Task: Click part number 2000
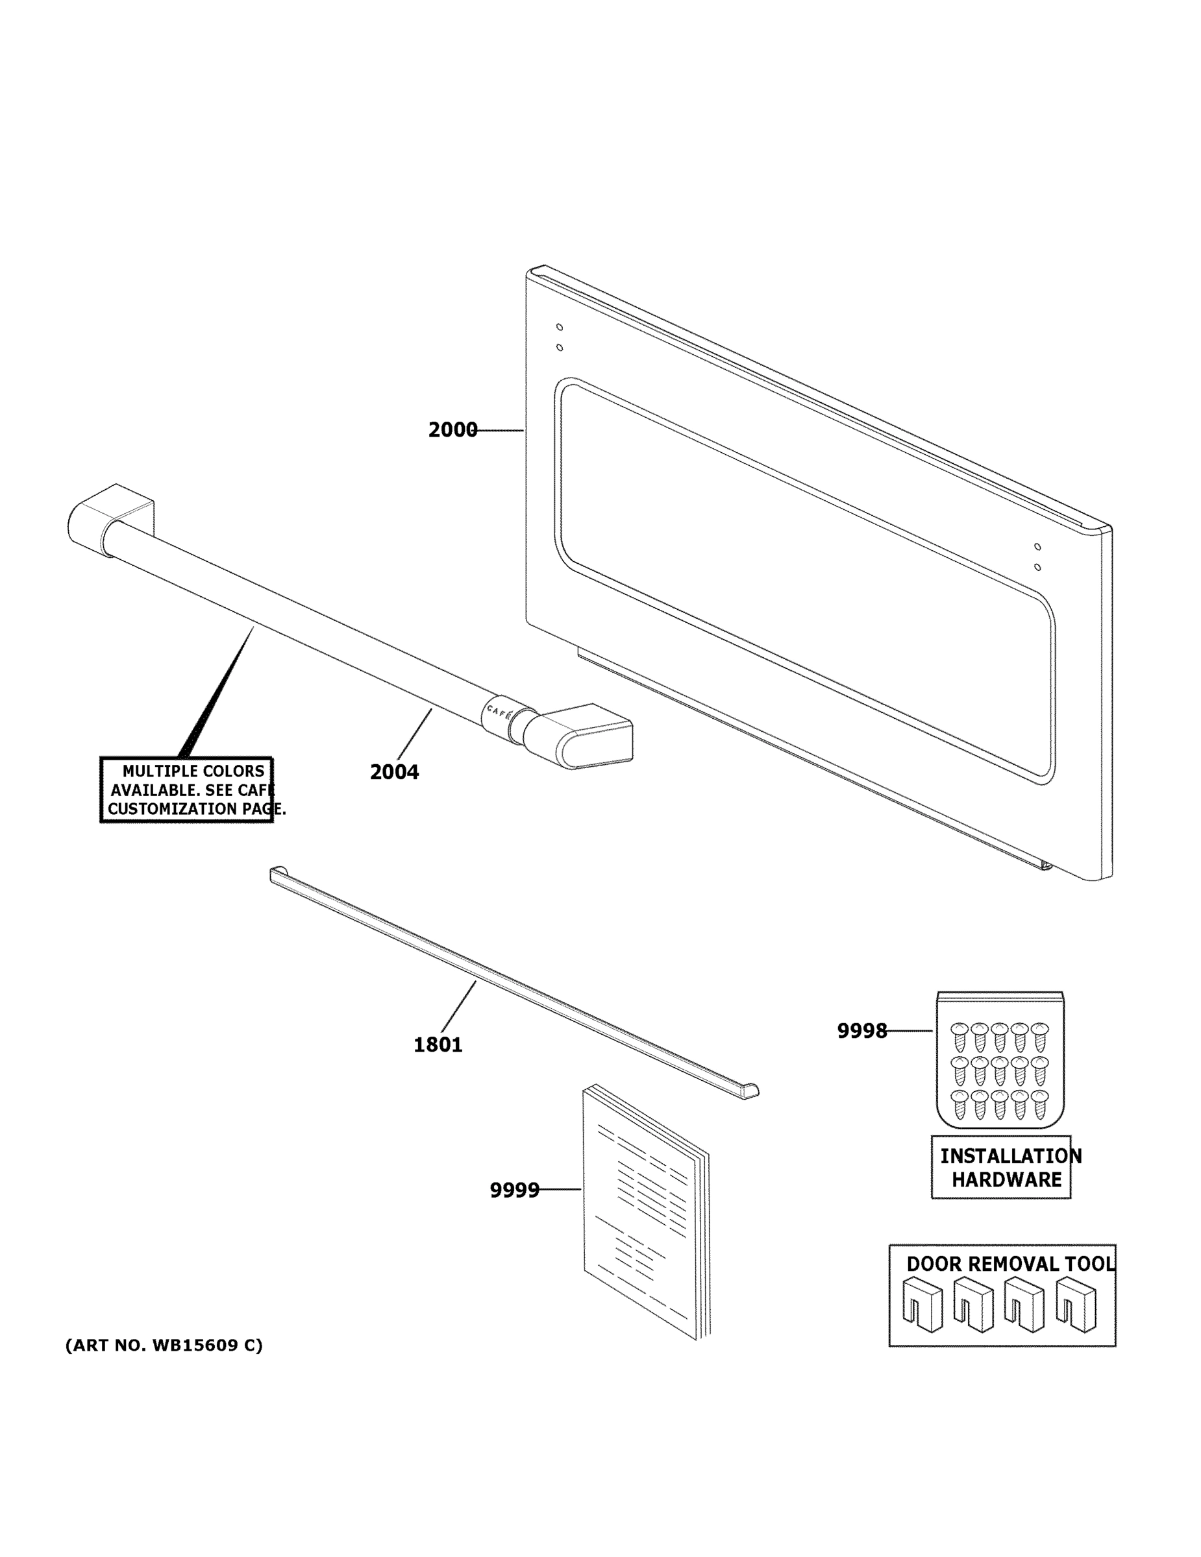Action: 452,430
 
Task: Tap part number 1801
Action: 438,1045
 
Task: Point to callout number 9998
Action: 861,1031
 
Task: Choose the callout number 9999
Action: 514,1190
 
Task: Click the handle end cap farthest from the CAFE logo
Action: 110,517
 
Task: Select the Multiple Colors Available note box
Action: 187,790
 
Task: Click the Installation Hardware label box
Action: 1000,1168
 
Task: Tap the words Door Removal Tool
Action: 1010,1264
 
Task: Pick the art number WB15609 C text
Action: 164,1346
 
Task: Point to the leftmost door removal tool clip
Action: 921,1305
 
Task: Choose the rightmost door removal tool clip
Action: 1076,1305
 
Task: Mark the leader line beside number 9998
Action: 910,1031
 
